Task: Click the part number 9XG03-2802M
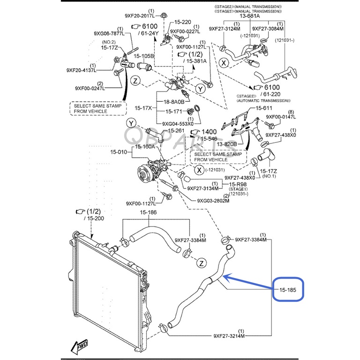click(213, 201)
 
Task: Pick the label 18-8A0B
click(173, 102)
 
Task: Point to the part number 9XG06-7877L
click(108, 33)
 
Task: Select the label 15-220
click(183, 22)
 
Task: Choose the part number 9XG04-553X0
click(177, 124)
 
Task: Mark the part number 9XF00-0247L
click(89, 88)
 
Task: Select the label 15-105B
click(144, 56)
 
